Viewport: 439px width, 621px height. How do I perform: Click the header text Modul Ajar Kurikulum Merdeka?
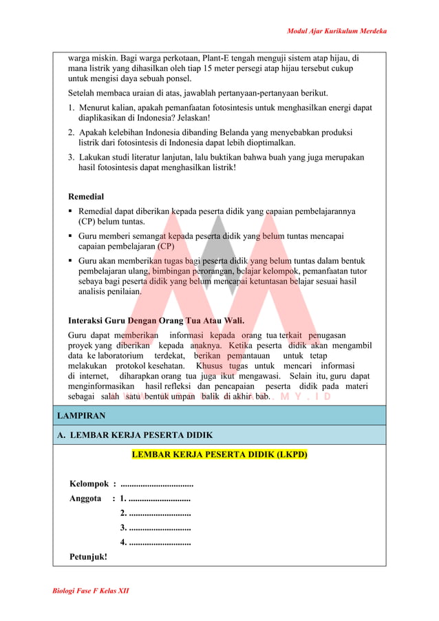click(x=336, y=31)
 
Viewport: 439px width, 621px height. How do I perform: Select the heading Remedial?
click(x=86, y=196)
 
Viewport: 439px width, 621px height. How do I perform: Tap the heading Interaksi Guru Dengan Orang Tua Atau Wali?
click(x=156, y=320)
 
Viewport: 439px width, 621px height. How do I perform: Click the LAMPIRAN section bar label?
click(x=81, y=416)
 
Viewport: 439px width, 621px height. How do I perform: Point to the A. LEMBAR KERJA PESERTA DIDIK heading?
click(x=135, y=435)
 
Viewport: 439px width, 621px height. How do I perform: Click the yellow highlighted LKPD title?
click(x=219, y=455)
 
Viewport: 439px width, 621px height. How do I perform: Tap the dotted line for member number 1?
click(x=159, y=498)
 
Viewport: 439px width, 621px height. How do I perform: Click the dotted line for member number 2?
click(x=159, y=513)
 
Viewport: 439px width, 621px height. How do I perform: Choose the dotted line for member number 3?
click(x=159, y=527)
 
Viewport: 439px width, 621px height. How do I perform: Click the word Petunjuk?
click(x=88, y=556)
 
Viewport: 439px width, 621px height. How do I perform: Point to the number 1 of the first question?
click(x=71, y=107)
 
